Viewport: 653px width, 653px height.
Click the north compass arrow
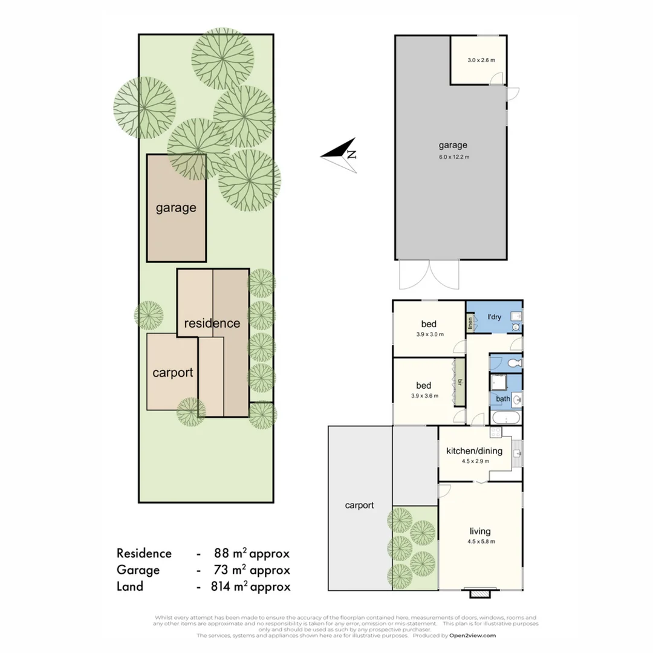[339, 152]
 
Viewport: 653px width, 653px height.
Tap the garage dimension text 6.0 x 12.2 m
[453, 157]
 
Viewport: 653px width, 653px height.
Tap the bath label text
[503, 399]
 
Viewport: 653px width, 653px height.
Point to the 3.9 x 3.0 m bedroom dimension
[430, 334]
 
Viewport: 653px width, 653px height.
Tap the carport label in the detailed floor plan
[359, 505]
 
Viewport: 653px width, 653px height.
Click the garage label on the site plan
[176, 208]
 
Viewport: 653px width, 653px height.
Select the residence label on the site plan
[212, 323]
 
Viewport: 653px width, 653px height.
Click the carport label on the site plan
[172, 372]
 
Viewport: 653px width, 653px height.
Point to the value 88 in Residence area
[221, 553]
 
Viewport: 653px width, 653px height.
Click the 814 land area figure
[224, 586]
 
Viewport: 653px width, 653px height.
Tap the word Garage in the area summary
[138, 570]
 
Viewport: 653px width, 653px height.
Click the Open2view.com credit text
[472, 635]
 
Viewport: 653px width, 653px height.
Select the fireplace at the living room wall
[479, 594]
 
